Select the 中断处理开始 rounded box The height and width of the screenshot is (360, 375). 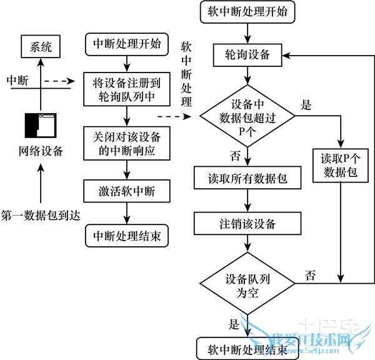click(126, 45)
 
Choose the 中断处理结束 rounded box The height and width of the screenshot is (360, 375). click(126, 236)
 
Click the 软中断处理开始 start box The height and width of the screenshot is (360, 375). click(247, 12)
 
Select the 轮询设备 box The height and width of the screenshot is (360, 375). click(247, 54)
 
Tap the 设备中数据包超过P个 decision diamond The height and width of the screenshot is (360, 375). click(248, 115)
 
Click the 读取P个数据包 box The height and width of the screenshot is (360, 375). click(341, 166)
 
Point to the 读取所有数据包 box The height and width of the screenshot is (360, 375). click(248, 178)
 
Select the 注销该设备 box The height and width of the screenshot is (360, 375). click(248, 223)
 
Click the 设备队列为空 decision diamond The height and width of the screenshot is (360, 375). click(248, 284)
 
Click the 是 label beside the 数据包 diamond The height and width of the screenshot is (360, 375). click(307, 104)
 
